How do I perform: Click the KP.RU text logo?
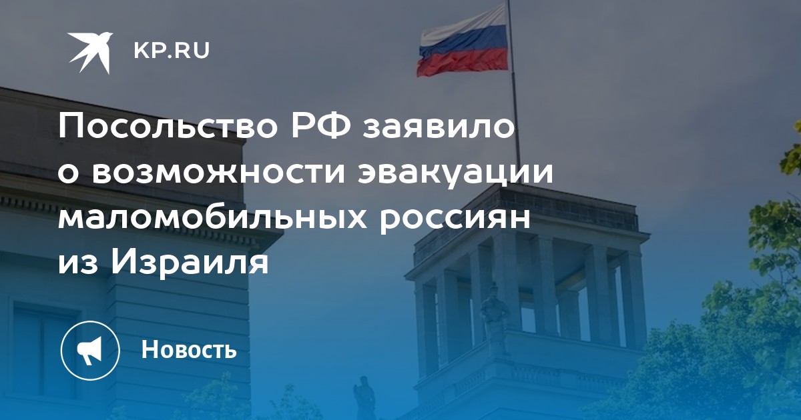172,51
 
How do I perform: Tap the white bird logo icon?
90,53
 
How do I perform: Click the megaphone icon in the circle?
89,351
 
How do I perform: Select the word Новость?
189,349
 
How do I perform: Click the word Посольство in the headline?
168,127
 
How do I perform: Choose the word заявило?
439,127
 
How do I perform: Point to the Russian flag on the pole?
463,41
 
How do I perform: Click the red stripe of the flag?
463,62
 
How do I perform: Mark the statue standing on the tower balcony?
495,319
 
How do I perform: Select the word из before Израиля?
77,265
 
